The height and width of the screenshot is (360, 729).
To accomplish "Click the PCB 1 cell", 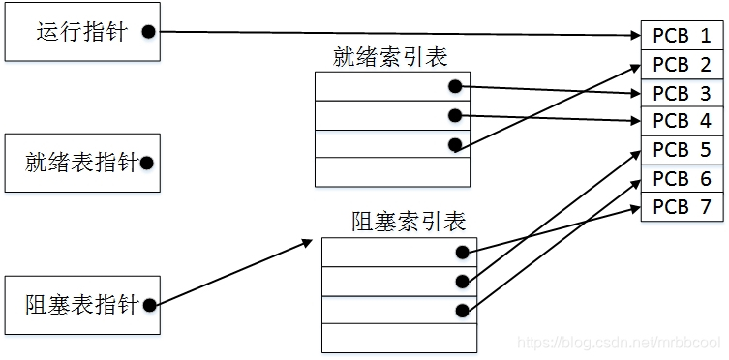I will [x=682, y=36].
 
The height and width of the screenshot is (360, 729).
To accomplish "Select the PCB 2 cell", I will [x=682, y=65].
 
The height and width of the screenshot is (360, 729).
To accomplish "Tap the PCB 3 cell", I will [x=682, y=93].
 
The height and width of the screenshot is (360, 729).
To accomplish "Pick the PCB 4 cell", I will [x=682, y=121].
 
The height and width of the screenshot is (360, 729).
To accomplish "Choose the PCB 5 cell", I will [x=682, y=150].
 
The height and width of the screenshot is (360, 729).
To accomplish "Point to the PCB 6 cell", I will [x=682, y=179].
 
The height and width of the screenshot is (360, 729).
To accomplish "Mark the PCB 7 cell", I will [x=682, y=206].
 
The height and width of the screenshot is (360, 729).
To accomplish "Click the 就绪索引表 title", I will [x=390, y=58].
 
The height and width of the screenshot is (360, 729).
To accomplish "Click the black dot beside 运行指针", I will [x=148, y=32].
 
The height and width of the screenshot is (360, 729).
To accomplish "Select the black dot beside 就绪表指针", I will [x=147, y=164].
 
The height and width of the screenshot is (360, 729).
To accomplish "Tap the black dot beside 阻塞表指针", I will [x=148, y=306].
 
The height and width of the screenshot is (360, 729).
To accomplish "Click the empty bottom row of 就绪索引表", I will [x=392, y=171].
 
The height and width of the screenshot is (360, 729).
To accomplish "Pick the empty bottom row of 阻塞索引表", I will [x=399, y=338].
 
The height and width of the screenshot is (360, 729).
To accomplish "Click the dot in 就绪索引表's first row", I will [x=455, y=86].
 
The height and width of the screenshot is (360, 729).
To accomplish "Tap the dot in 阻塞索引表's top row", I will [x=462, y=252].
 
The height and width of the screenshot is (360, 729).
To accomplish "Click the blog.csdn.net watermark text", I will [x=619, y=344].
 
